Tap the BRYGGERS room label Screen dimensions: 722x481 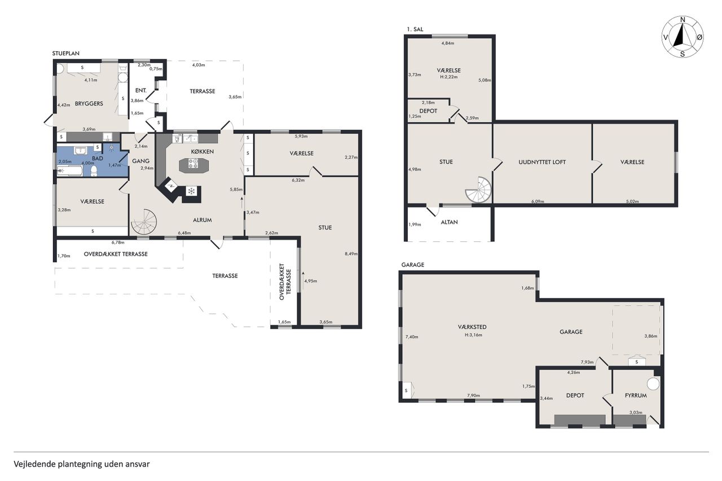pos(89,104)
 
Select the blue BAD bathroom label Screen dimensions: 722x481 pos(98,158)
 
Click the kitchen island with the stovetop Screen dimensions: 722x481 pos(193,166)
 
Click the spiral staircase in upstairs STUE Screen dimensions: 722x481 pos(479,189)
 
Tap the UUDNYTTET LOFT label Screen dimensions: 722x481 pos(542,162)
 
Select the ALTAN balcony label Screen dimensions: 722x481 pos(449,222)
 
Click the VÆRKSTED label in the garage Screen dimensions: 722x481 pos(472,327)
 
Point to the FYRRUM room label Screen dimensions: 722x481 pos(636,395)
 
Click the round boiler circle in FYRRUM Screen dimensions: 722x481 pos(653,384)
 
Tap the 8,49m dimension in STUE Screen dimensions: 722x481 pos(351,254)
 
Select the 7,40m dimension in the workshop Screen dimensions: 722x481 pos(412,337)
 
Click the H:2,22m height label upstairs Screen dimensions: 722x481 pos(448,77)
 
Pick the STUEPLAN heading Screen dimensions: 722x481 pos(66,54)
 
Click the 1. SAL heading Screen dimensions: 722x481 pos(415,29)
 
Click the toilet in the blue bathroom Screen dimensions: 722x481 pos(94,171)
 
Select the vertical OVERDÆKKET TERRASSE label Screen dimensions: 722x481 pos(285,282)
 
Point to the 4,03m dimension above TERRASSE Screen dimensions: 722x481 pos(199,65)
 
